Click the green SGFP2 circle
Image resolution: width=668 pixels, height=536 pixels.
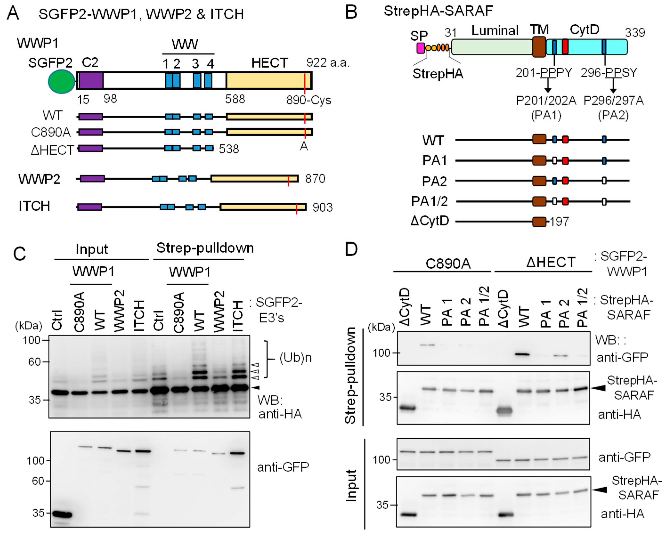click(61, 81)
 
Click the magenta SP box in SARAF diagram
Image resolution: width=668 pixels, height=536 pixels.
click(421, 48)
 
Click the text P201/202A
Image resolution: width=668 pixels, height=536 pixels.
click(546, 101)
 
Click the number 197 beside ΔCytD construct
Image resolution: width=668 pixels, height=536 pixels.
click(559, 222)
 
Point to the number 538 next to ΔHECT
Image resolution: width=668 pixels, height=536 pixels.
click(229, 149)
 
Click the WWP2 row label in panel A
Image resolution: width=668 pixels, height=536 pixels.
click(39, 179)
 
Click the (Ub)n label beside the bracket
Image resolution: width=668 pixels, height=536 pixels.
click(295, 358)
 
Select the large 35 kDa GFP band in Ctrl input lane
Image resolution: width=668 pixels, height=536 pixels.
click(62, 515)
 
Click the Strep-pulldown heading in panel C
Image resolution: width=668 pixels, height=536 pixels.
click(205, 248)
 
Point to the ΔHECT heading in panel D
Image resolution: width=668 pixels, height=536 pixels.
click(550, 262)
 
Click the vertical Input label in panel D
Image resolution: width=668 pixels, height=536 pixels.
click(351, 485)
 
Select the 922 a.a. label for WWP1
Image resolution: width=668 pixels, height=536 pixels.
click(328, 63)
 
